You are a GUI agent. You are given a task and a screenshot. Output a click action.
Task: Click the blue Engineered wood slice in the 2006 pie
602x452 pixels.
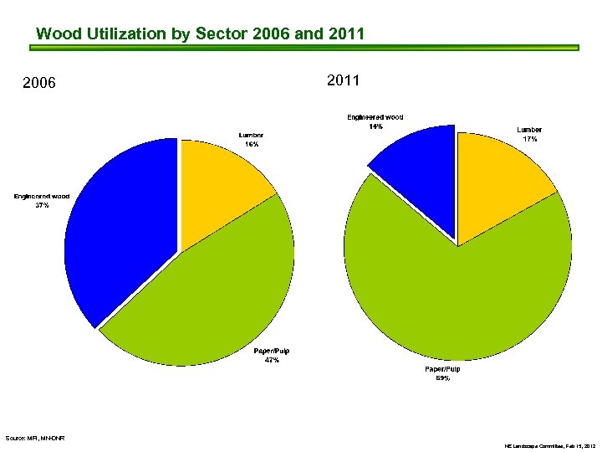121,234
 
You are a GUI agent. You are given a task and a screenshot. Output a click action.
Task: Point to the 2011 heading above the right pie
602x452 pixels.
343,80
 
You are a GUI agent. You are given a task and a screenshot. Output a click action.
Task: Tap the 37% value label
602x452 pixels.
42,206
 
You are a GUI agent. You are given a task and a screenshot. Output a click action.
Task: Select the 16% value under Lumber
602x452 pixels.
251,145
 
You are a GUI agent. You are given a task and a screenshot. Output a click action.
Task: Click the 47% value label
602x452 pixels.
272,361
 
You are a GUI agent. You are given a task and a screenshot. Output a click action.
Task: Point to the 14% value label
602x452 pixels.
375,127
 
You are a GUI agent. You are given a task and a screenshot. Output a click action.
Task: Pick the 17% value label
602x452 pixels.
529,140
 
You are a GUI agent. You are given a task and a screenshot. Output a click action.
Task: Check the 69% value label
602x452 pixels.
442,378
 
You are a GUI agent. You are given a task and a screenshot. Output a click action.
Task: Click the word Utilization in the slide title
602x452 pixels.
128,34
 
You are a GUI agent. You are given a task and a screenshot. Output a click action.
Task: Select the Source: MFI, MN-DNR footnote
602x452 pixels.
34,438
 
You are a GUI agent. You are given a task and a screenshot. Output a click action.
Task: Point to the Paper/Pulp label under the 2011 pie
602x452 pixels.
442,369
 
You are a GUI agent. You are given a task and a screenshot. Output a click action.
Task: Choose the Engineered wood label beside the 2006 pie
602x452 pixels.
42,196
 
